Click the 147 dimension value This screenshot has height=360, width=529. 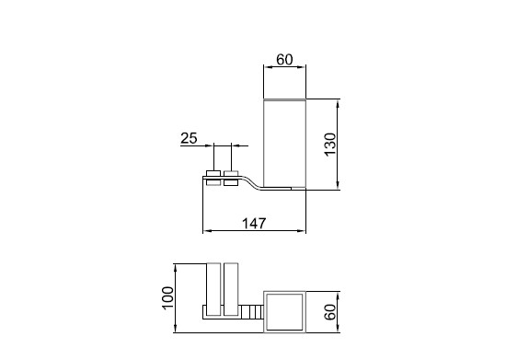pyautogui.click(x=254, y=223)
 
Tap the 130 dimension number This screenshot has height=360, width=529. pyautogui.click(x=330, y=145)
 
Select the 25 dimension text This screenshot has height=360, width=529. pyautogui.click(x=189, y=138)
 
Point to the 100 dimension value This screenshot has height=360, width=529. pyautogui.click(x=167, y=297)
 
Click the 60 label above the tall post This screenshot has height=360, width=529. pyautogui.click(x=284, y=60)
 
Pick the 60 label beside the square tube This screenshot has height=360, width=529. pyautogui.click(x=330, y=312)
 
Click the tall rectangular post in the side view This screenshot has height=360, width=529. pyautogui.click(x=284, y=145)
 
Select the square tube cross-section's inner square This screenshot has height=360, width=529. pyautogui.click(x=284, y=312)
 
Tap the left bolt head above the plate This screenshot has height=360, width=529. pyautogui.click(x=213, y=173)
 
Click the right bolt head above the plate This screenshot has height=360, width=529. pyautogui.click(x=231, y=173)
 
